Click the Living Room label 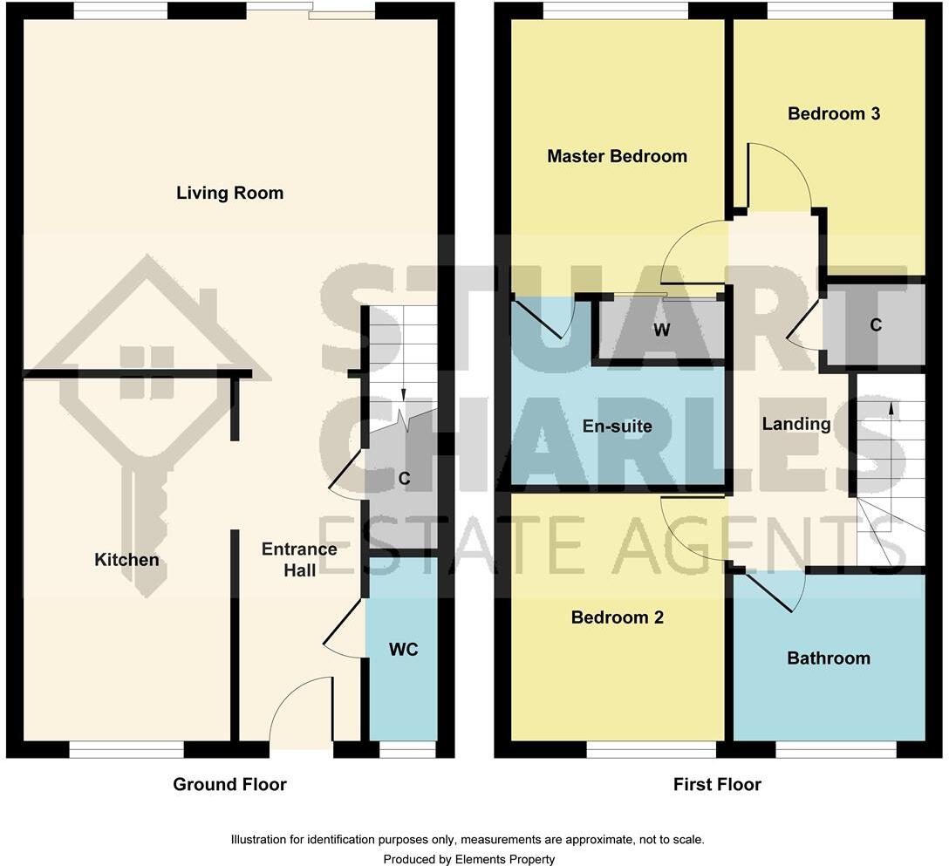coord(229,193)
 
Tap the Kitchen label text coord(126,559)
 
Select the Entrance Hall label coord(299,558)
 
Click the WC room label coord(402,650)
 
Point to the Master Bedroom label coord(617,156)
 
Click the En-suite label coord(617,426)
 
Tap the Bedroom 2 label coord(617,617)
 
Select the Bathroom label coord(828,658)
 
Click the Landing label coord(795,424)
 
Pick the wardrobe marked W coord(661,331)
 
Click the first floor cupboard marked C coord(875,324)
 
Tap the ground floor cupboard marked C coord(404,478)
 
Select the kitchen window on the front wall coord(126,748)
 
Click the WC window coord(407,748)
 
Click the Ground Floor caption coord(229,784)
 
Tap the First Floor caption coord(716,784)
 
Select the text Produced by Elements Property coord(468,859)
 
